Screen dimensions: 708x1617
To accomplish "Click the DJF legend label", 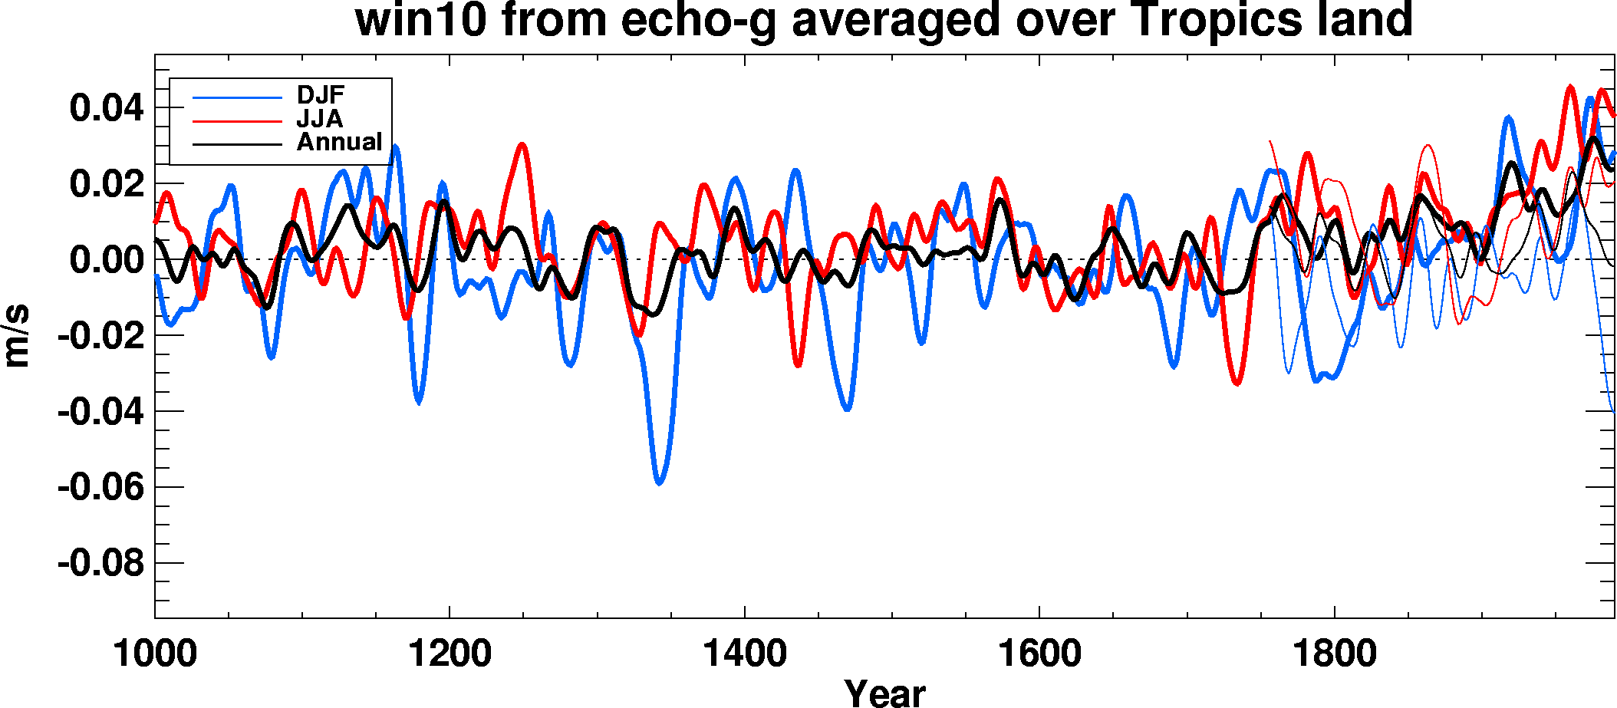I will click(x=321, y=95).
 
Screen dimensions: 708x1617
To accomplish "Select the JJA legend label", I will click(x=319, y=119).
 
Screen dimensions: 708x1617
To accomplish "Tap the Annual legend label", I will click(x=339, y=142).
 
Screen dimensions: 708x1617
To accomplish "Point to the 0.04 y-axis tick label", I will click(x=107, y=107).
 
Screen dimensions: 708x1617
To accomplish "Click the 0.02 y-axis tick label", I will click(x=107, y=183).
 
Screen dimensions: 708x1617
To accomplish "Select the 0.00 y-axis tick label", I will click(x=107, y=259).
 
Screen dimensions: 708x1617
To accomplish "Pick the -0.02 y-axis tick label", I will click(x=100, y=335).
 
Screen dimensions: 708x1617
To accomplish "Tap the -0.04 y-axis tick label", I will click(x=100, y=412).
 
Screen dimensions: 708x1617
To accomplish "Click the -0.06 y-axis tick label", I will click(x=100, y=487).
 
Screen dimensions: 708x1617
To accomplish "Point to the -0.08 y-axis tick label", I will click(x=100, y=563).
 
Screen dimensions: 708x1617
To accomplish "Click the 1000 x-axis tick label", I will click(x=155, y=654).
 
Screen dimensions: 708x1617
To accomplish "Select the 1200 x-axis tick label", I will click(x=450, y=654).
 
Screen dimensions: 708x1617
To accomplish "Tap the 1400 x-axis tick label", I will click(x=745, y=654).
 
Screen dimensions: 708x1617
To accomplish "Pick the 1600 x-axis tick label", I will click(x=1039, y=654).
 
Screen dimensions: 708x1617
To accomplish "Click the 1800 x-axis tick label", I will click(x=1335, y=654).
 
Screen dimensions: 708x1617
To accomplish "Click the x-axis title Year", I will click(x=884, y=692).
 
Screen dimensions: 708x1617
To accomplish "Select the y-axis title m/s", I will click(x=17, y=336).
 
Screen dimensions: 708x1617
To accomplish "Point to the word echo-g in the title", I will click(x=698, y=21).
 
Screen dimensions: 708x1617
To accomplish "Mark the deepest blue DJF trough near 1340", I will click(x=660, y=482).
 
